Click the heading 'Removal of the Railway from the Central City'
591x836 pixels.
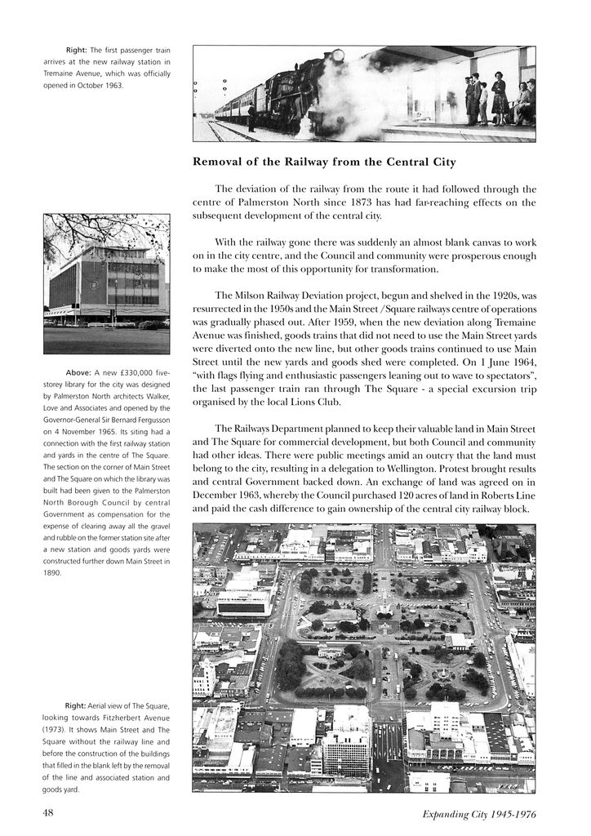pyautogui.click(x=323, y=162)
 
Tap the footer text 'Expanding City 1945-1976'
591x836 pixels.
pyautogui.click(x=478, y=814)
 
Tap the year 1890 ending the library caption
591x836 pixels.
pyautogui.click(x=53, y=573)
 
